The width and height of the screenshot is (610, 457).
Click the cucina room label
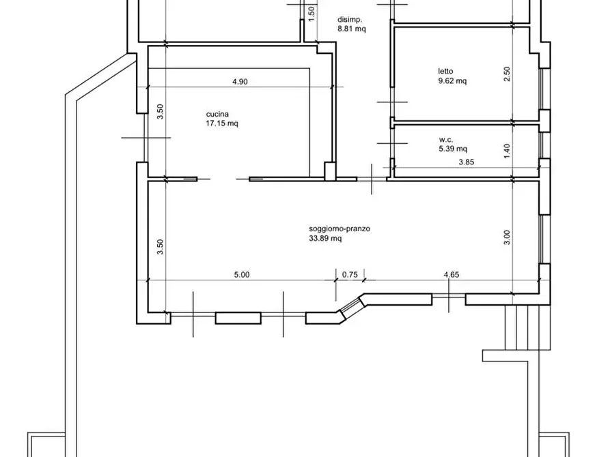(x=217, y=114)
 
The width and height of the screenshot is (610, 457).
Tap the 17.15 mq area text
(x=222, y=123)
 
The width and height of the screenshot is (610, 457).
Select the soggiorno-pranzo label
(x=339, y=228)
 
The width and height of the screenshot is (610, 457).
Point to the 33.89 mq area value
(x=325, y=238)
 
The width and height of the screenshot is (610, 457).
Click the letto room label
(x=445, y=71)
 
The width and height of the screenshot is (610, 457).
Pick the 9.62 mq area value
(x=452, y=81)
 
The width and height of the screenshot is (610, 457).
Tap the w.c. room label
(x=446, y=139)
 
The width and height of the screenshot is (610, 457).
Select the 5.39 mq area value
(x=453, y=149)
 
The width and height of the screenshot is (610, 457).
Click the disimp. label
(x=350, y=19)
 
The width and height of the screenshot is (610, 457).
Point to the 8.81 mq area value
(x=352, y=29)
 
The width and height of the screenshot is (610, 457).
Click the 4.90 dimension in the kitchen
(x=240, y=82)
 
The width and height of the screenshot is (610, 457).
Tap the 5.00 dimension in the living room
(x=242, y=275)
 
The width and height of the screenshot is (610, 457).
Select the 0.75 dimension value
(x=350, y=275)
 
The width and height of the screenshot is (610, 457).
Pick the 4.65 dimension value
(x=452, y=275)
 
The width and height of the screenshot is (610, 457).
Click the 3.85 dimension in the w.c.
(x=467, y=162)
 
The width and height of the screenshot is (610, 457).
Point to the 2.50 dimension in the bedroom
(x=507, y=74)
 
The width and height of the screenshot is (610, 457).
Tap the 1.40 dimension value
(x=507, y=151)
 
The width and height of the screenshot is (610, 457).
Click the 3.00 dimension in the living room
(x=507, y=237)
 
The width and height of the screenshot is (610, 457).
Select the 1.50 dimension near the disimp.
(x=311, y=14)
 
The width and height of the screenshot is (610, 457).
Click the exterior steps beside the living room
(x=527, y=327)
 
